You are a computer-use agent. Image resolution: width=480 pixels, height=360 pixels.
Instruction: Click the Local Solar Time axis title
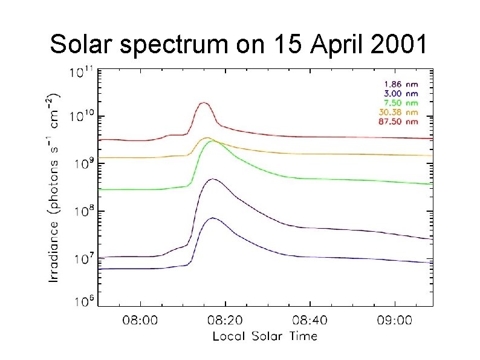tap(265, 336)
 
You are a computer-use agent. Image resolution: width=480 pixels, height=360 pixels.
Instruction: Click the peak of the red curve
tap(204, 103)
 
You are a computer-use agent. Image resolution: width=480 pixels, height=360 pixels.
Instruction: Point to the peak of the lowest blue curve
tap(213, 218)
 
